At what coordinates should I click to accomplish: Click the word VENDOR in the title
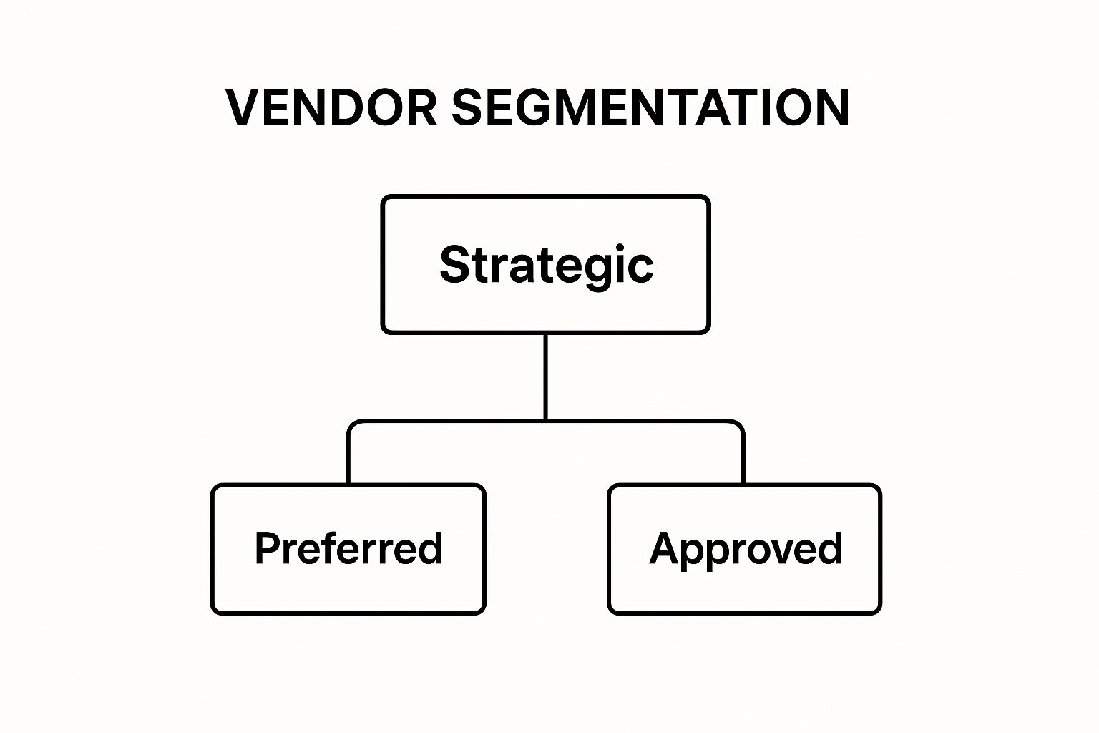click(x=331, y=107)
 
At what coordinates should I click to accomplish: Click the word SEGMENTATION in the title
click(x=650, y=107)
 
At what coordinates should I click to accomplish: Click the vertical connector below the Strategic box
click(x=546, y=377)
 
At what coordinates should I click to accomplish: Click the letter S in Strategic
click(x=455, y=265)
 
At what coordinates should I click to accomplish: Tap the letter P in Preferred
click(x=268, y=548)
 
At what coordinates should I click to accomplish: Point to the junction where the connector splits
click(x=546, y=421)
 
